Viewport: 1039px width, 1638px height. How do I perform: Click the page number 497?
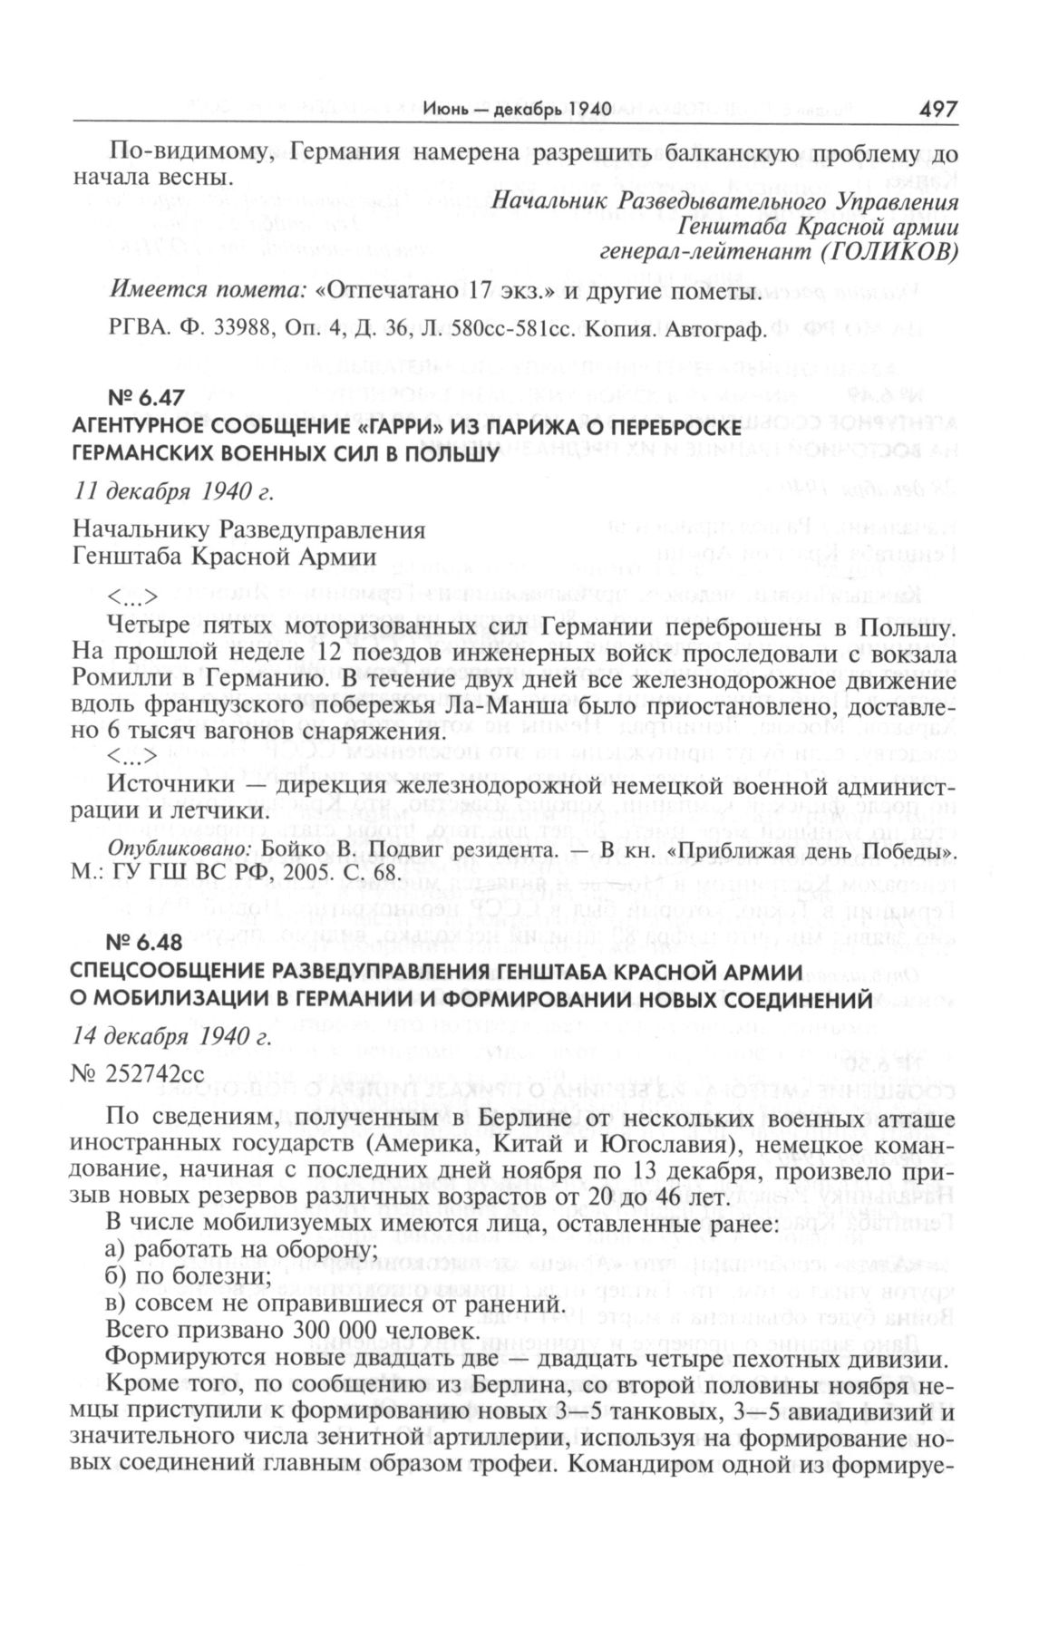click(x=937, y=110)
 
